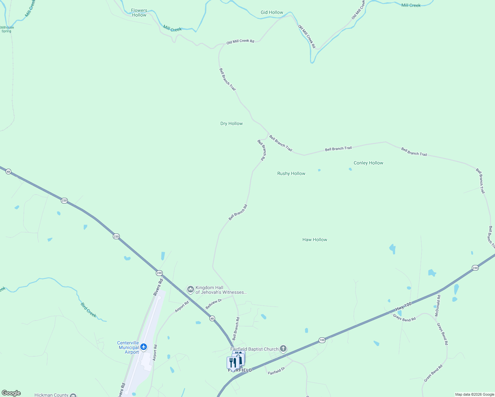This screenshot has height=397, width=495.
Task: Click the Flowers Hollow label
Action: (139, 13)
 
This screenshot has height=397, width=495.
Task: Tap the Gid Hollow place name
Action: (272, 12)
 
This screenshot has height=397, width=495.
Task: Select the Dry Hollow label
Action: (231, 123)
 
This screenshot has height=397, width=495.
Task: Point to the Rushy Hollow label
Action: (291, 173)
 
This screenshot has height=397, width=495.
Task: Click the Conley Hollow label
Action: (368, 163)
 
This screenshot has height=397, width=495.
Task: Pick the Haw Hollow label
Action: (315, 240)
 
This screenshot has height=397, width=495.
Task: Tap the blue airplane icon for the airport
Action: (143, 347)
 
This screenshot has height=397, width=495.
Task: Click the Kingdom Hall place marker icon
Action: (190, 289)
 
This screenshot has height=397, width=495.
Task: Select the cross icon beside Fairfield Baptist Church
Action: (283, 348)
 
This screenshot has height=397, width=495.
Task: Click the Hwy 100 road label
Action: (403, 306)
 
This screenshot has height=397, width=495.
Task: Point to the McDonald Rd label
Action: (438, 306)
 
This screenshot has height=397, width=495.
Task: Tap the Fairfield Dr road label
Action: (276, 371)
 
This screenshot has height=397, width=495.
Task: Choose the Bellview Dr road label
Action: (213, 303)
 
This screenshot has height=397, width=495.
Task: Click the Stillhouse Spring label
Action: (7, 29)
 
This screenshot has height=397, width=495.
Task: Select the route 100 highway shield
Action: (322, 340)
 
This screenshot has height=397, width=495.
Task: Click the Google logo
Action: (11, 393)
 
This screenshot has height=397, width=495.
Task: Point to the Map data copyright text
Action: (474, 394)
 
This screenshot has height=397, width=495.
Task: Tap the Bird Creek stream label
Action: (89, 310)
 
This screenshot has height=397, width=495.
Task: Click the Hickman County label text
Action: (51, 395)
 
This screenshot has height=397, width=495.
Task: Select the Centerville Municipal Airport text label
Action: (128, 347)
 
